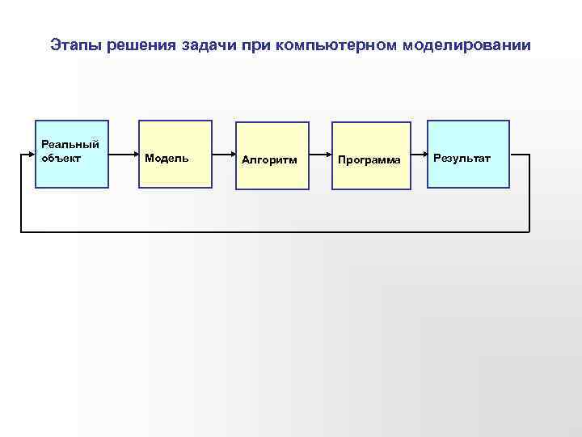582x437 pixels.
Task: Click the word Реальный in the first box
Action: (70, 144)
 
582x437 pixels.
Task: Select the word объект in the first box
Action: (61, 157)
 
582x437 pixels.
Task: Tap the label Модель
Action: (167, 158)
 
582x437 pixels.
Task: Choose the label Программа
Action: (369, 160)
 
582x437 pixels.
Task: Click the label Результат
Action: (462, 158)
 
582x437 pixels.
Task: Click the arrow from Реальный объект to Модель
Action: (124, 155)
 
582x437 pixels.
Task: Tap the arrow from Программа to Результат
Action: (419, 155)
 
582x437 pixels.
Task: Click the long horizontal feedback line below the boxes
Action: (275, 232)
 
